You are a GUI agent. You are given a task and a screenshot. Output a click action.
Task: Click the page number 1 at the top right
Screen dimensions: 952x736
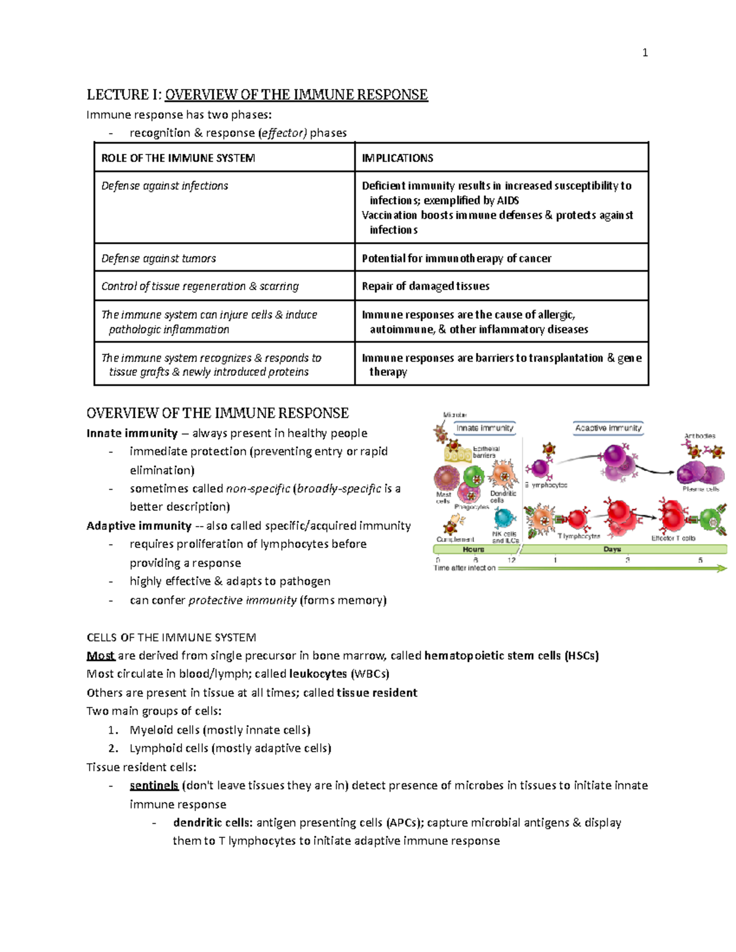[645, 53]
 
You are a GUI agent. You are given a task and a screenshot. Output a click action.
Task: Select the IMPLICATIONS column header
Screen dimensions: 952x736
[397, 158]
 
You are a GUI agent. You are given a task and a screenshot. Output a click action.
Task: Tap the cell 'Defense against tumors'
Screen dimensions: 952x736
[159, 259]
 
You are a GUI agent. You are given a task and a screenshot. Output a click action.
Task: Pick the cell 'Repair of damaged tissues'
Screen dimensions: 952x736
[426, 286]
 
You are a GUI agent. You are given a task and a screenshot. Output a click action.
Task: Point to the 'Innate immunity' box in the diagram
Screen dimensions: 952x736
[485, 428]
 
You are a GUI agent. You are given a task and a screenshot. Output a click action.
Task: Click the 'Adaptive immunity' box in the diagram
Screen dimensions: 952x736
[608, 428]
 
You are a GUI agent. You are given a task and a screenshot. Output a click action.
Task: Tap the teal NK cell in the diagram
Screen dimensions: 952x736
[504, 519]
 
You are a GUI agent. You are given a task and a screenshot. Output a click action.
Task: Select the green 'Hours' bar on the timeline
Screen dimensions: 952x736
[473, 549]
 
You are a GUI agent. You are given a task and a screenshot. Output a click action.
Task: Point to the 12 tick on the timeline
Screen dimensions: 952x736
[512, 560]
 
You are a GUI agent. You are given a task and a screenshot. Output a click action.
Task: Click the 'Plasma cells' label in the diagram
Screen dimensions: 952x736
[701, 489]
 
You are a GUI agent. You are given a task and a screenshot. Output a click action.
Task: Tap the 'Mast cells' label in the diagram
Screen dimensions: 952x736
[443, 497]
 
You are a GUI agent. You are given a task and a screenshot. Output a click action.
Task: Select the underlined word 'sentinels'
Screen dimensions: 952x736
[154, 785]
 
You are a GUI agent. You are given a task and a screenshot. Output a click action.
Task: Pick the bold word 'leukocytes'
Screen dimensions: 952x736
[318, 674]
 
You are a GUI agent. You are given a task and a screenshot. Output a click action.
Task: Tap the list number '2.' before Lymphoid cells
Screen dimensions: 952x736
[113, 748]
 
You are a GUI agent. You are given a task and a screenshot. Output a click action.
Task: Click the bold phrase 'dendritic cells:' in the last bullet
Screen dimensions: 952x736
[212, 823]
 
